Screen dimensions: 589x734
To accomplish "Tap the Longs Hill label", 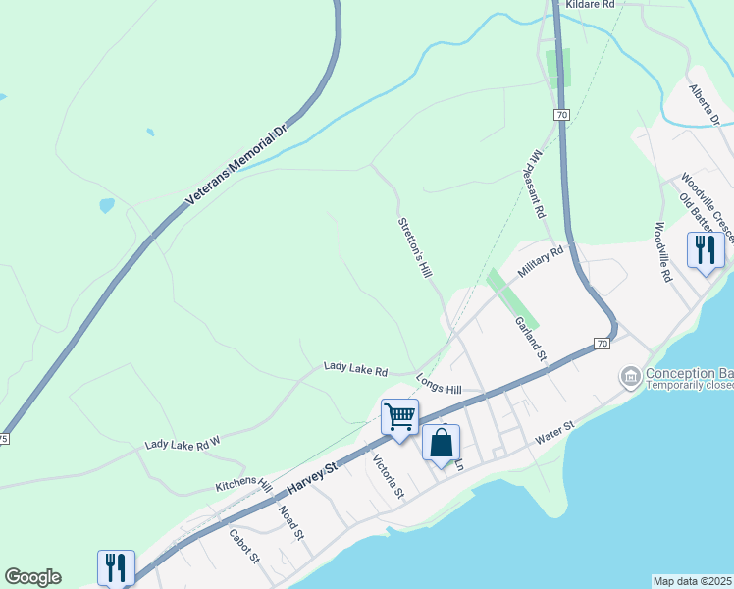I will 439,383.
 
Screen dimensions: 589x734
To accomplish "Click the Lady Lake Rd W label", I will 183,444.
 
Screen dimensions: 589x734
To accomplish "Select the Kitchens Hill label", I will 244,485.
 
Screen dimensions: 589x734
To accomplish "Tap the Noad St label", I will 291,521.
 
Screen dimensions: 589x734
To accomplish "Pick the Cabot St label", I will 243,545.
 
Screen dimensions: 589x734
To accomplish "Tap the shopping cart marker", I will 400,416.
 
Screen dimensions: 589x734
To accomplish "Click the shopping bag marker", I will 442,442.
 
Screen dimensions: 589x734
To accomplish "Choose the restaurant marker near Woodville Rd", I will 706,249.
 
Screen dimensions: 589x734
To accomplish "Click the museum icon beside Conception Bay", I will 630,376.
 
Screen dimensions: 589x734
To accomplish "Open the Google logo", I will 32,577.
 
